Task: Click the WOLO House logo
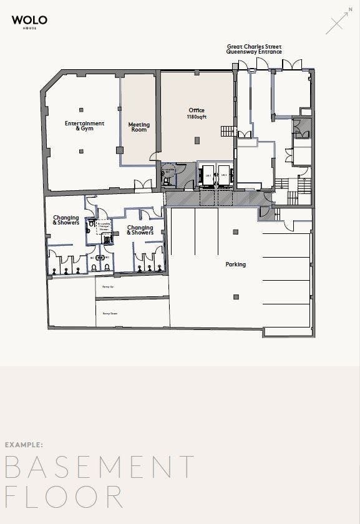coord(29,22)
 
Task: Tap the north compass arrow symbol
coord(338,23)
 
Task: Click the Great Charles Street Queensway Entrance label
coord(254,49)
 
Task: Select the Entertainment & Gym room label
coord(84,125)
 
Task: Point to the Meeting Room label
coord(139,127)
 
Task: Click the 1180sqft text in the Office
coord(197,117)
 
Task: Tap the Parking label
coord(236,264)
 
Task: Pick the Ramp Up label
coord(107,287)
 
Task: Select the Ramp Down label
coord(110,313)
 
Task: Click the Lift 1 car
coord(207,175)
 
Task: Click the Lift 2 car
coord(223,175)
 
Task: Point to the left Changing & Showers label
coord(66,220)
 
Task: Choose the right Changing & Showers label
coord(140,230)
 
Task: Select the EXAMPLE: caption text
coord(24,445)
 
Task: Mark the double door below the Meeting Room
coord(144,185)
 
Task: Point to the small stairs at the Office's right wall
coord(228,131)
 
